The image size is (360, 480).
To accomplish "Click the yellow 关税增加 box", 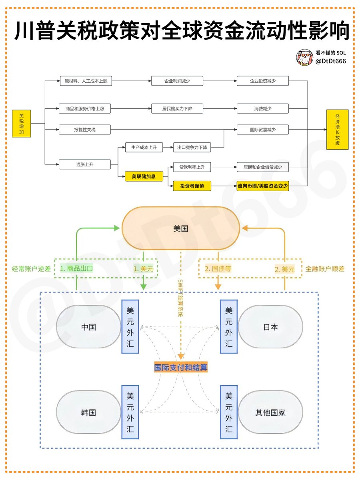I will coord(22,124).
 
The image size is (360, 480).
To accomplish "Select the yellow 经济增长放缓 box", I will coord(337,129).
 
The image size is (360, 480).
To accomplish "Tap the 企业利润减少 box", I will coord(177,81).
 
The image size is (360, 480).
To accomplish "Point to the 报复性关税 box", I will coord(85,130).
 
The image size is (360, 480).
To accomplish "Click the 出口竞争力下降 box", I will coord(192,148).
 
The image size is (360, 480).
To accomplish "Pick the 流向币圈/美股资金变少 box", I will coord(262,186).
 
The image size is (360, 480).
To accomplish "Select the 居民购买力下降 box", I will coord(177,108).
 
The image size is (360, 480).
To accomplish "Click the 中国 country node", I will coord(88,327).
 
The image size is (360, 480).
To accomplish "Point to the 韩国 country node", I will coord(88,412).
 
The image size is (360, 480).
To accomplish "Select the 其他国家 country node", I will coord(270,412).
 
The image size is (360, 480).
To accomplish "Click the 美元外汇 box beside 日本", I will coord(229,327).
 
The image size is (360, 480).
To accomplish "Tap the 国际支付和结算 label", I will coord(181,367).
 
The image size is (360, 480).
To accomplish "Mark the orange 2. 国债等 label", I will coord(218,269).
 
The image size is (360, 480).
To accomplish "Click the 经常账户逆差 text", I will coord(31,269).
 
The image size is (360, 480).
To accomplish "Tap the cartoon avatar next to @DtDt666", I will coord(304,58).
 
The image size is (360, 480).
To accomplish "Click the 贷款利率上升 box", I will coord(192,167).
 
